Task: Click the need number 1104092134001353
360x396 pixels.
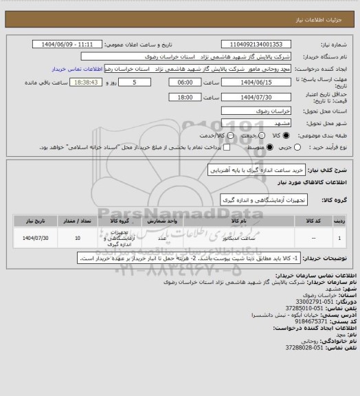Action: [262, 44]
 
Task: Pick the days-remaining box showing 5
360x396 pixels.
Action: [133, 81]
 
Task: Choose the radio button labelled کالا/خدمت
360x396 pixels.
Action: [230, 135]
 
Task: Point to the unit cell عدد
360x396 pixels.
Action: [162, 239]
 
